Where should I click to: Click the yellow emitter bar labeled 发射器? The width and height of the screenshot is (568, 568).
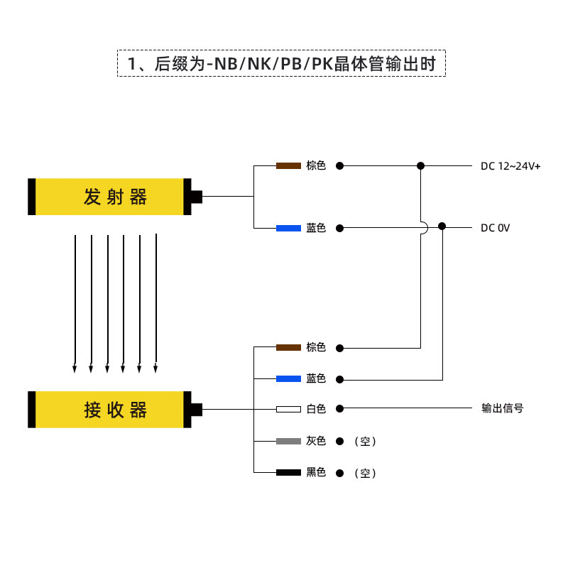click(x=109, y=197)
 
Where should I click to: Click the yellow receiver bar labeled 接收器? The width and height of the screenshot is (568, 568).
click(x=109, y=410)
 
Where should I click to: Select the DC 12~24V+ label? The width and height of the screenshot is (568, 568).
click(x=510, y=166)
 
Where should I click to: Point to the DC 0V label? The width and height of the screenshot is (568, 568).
click(x=495, y=228)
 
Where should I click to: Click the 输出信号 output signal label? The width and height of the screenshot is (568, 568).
click(x=503, y=408)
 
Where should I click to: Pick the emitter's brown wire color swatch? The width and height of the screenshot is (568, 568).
click(x=288, y=166)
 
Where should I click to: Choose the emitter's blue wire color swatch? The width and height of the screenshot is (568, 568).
click(x=288, y=228)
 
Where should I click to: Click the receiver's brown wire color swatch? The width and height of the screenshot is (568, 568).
click(x=288, y=348)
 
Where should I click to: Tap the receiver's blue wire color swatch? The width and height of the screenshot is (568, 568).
click(x=288, y=379)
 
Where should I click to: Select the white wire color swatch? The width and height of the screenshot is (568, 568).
click(x=288, y=409)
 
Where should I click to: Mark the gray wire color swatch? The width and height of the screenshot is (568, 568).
click(x=288, y=441)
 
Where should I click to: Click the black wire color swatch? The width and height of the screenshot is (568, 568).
click(x=288, y=472)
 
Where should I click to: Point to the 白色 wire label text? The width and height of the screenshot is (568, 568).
click(x=316, y=409)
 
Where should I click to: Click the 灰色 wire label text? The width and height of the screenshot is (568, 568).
click(x=316, y=441)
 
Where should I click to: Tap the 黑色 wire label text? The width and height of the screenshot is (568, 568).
click(x=316, y=472)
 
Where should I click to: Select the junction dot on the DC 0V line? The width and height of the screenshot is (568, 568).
click(x=442, y=226)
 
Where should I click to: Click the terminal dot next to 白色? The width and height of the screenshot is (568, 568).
click(x=339, y=409)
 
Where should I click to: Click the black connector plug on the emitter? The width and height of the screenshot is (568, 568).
click(x=196, y=197)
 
